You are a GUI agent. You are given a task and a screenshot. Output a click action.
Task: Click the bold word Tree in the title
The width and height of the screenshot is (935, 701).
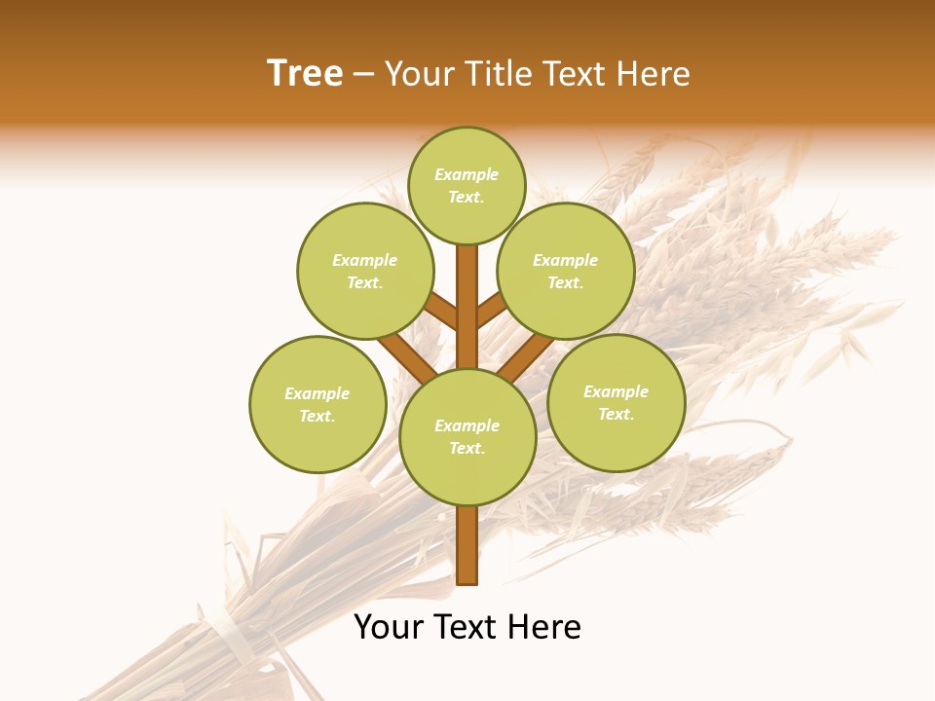tap(305, 74)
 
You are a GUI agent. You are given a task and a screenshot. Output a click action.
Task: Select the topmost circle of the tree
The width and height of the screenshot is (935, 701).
tap(467, 186)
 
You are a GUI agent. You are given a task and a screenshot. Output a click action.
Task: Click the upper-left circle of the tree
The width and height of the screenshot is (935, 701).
tap(364, 271)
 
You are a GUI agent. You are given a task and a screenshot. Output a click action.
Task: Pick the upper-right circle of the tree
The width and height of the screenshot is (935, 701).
tap(565, 271)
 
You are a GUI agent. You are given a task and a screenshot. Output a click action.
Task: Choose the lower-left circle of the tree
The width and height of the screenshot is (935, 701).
tap(317, 404)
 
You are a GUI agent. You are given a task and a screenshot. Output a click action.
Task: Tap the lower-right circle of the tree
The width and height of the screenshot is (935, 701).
tap(616, 402)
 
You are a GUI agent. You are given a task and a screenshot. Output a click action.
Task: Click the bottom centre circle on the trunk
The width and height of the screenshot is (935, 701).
tap(467, 436)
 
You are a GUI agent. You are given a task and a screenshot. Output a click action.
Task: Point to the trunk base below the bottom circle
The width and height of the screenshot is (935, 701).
tap(467, 545)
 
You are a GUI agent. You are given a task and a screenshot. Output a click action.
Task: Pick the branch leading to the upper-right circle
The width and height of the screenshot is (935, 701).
tap(490, 311)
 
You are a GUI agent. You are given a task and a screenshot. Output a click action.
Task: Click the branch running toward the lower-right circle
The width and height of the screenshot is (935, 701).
tap(526, 357)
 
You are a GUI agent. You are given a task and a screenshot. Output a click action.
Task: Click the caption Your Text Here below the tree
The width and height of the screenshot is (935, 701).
tap(467, 627)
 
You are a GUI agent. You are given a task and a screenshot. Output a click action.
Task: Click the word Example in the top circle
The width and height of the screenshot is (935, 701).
tap(467, 175)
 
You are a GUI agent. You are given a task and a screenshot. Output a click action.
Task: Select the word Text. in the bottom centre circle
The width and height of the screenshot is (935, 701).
tap(467, 448)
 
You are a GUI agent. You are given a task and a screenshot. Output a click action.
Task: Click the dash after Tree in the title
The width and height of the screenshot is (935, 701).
tap(363, 74)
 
